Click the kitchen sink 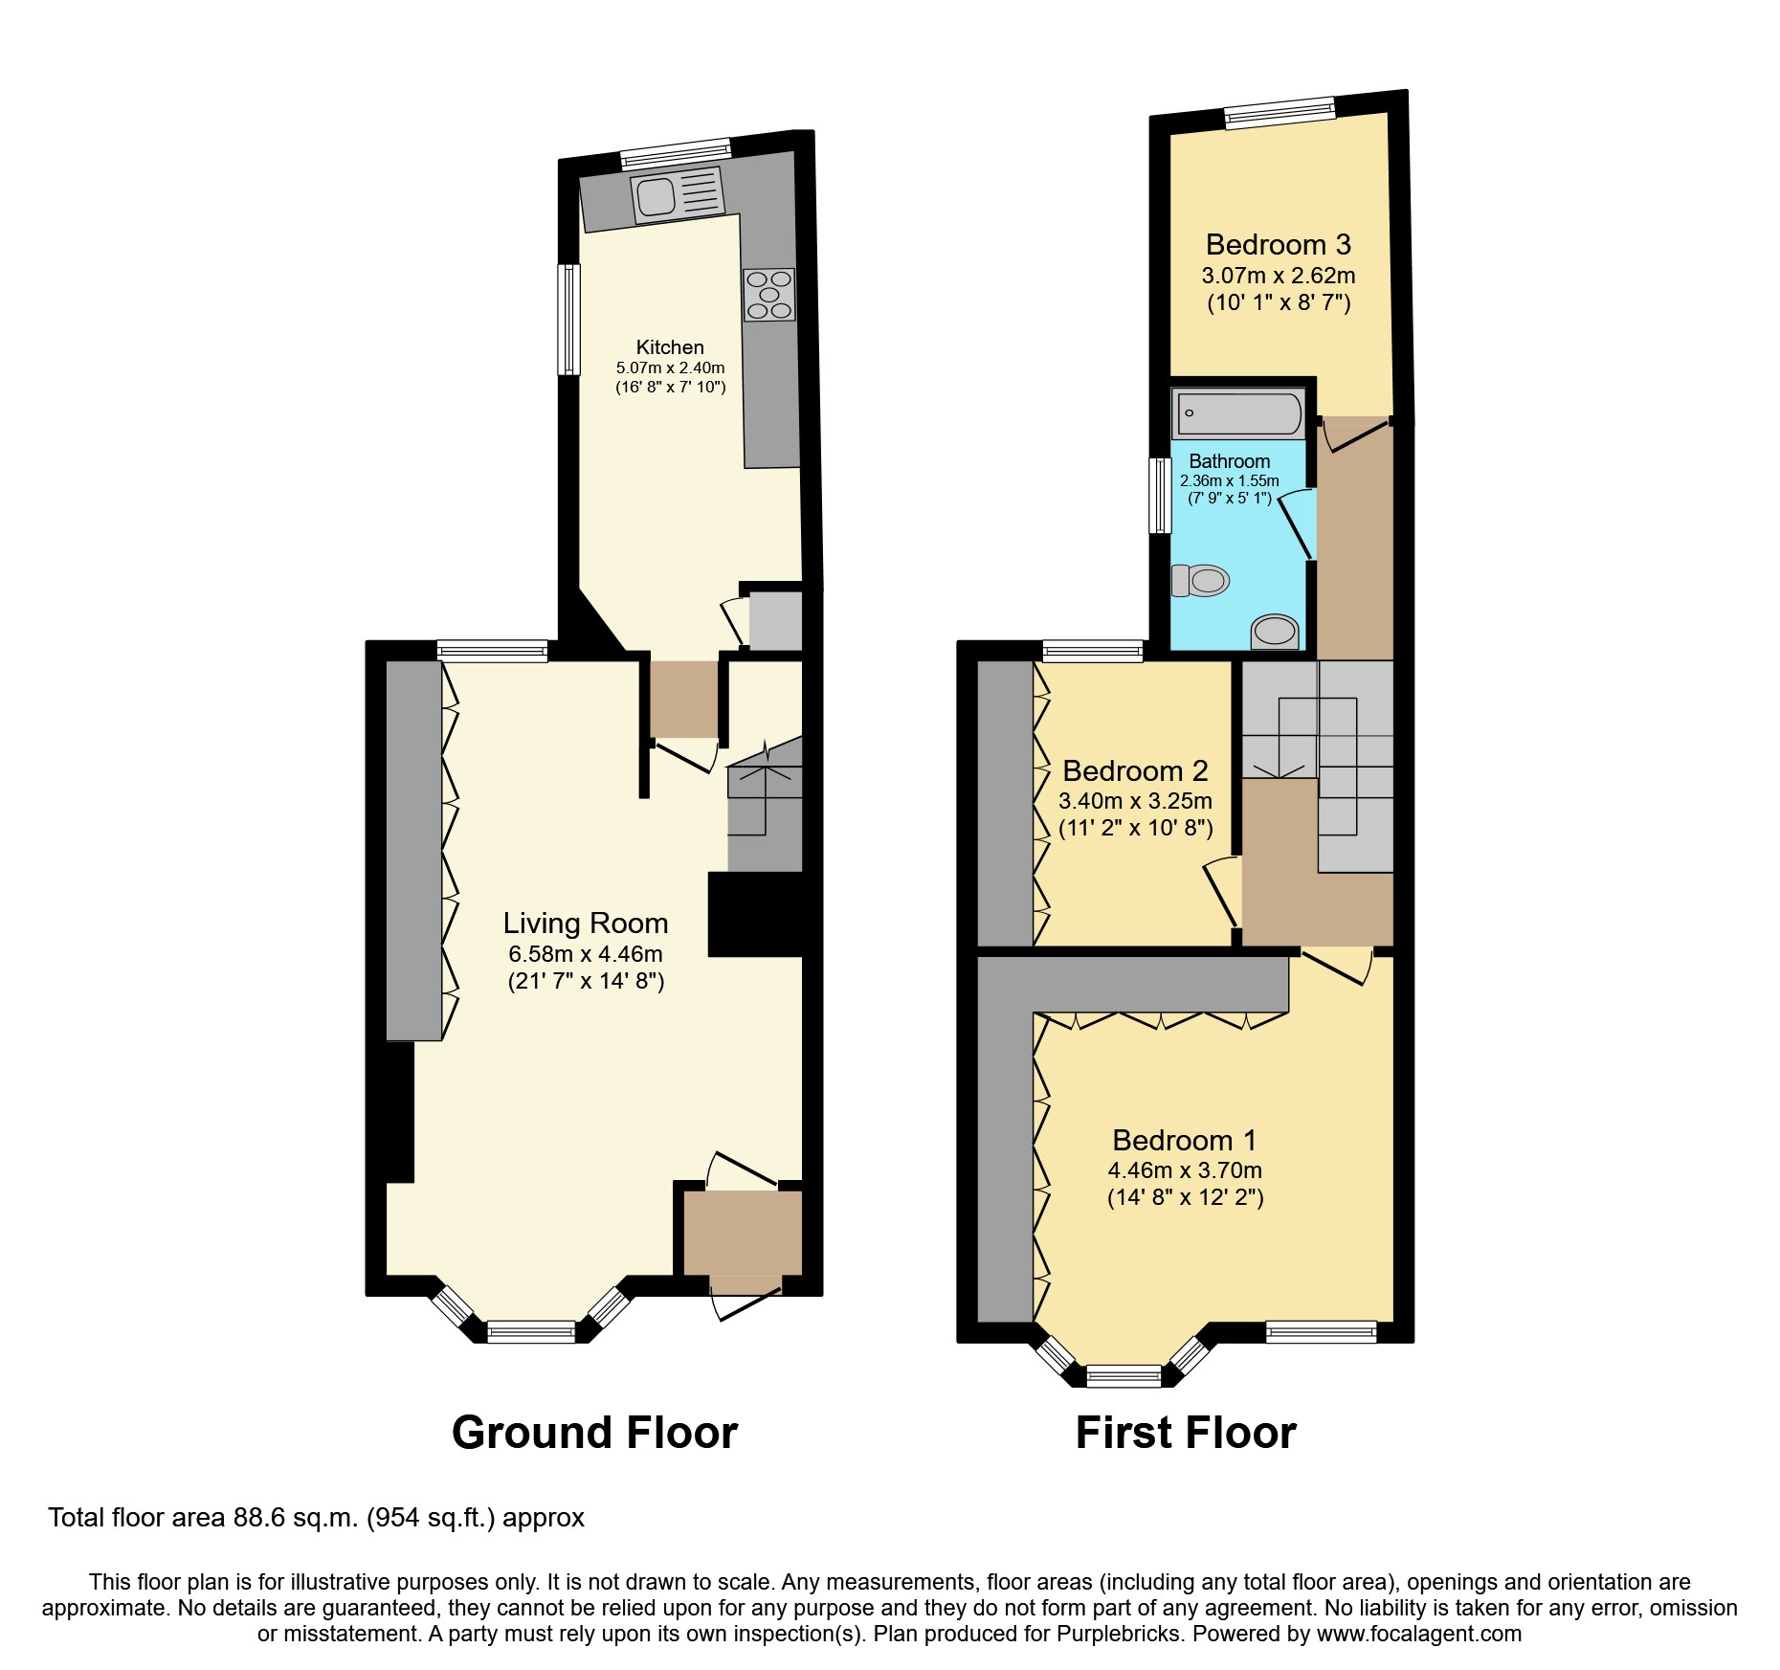coord(656,197)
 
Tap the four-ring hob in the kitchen coord(769,295)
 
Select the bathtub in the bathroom coord(1238,414)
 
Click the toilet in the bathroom coord(1200,580)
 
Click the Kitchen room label coord(670,347)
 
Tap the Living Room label coord(586,924)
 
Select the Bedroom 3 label coord(1278,245)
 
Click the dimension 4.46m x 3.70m coord(1185,1170)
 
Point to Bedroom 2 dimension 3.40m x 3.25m coord(1135,801)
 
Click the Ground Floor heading coord(594,1434)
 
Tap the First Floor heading coord(1186,1434)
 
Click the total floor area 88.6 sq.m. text coord(316,1518)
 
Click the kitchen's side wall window coord(569,319)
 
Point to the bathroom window coord(1160,495)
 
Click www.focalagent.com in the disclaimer coord(1419,1634)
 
